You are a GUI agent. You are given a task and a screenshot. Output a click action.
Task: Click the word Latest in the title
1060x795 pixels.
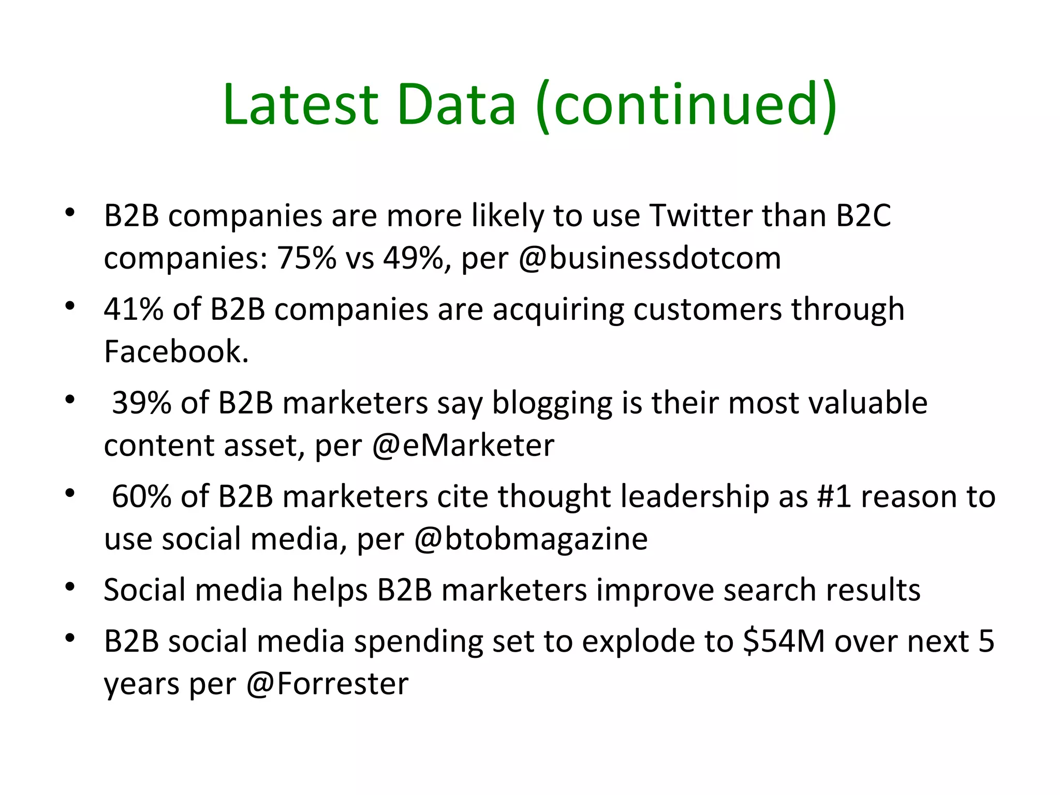[301, 105]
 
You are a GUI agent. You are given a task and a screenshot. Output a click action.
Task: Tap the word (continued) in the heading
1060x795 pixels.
[686, 105]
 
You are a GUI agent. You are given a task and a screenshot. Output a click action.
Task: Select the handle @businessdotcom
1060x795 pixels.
[650, 258]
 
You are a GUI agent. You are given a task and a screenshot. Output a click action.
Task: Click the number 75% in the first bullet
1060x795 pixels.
[306, 258]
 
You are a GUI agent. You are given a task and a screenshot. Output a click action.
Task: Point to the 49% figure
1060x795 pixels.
[413, 258]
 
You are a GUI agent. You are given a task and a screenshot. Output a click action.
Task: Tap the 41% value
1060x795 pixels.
[133, 310]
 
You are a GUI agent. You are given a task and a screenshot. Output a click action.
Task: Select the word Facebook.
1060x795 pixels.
[176, 351]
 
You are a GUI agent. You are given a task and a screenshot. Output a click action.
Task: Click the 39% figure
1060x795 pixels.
[141, 403]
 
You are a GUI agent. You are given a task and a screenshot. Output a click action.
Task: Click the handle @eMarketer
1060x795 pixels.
[463, 446]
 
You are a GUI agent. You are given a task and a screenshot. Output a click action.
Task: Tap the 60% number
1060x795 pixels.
[141, 496]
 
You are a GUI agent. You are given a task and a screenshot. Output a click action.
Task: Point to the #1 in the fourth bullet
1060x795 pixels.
[833, 496]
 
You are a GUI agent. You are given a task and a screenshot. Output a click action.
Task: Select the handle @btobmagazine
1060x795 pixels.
[531, 539]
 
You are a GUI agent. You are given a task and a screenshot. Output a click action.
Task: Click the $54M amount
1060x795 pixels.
[784, 641]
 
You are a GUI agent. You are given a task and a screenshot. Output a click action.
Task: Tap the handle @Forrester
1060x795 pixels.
[328, 684]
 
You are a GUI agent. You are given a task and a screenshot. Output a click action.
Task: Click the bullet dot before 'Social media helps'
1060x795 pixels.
[70, 587]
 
